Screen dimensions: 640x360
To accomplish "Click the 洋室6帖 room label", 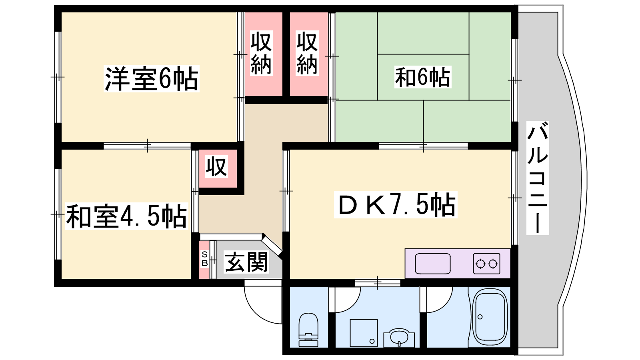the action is [x=152, y=78].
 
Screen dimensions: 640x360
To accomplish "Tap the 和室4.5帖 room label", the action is [x=126, y=216].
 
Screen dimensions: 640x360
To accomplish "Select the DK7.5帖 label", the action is [x=396, y=204].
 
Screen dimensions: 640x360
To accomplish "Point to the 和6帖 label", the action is [x=422, y=77].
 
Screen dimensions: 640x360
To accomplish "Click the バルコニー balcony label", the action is [x=538, y=178].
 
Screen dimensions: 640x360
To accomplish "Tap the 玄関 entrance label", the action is [x=246, y=262].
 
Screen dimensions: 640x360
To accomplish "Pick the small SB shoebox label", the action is [x=204, y=259].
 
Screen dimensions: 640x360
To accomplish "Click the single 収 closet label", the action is [x=216, y=166].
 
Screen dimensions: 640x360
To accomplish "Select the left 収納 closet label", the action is [x=261, y=53].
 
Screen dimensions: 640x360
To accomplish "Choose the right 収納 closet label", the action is [x=307, y=53].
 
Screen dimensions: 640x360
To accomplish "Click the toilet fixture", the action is [x=308, y=330].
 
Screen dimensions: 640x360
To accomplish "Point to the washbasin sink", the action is [x=399, y=338].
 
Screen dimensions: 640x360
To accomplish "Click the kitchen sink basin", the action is [x=432, y=264].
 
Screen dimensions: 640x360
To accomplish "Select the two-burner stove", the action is [x=486, y=264].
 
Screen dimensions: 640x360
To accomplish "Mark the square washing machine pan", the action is [x=364, y=333].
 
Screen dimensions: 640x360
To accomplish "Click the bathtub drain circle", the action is [x=480, y=317].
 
